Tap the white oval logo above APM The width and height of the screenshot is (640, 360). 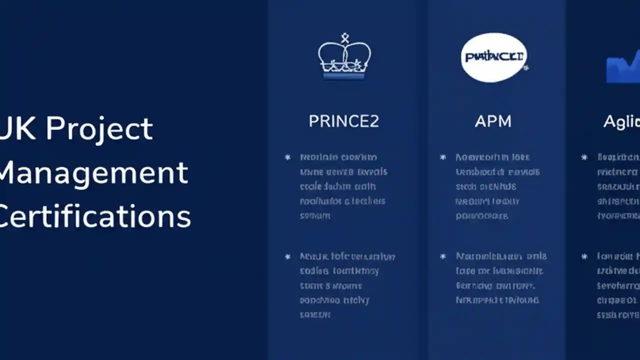(x=493, y=57)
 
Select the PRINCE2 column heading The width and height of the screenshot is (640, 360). (x=343, y=121)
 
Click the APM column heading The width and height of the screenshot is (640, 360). (x=493, y=121)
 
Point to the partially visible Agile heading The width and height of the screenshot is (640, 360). (x=621, y=122)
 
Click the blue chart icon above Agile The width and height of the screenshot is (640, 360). (x=623, y=68)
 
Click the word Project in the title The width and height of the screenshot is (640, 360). (x=99, y=128)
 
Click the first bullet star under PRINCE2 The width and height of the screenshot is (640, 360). (x=287, y=157)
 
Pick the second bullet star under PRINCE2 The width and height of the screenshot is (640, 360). (x=287, y=257)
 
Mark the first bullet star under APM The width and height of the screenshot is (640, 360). (x=442, y=157)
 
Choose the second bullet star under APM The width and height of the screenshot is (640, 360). (x=442, y=256)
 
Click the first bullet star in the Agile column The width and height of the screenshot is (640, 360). (x=584, y=157)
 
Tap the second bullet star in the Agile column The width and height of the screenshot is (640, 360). (x=584, y=256)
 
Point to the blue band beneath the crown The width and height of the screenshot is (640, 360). (x=344, y=76)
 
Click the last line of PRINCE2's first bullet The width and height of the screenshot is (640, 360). (x=315, y=216)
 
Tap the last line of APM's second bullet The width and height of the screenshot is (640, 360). (x=497, y=300)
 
